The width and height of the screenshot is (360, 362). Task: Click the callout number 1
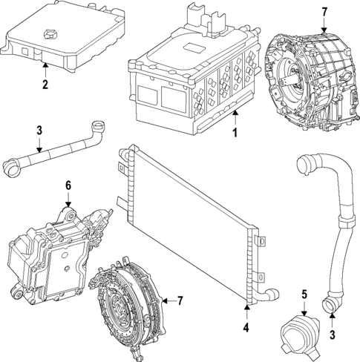click(234, 134)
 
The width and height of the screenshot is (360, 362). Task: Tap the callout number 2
click(45, 85)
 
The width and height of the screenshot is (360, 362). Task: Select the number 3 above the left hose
click(39, 131)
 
